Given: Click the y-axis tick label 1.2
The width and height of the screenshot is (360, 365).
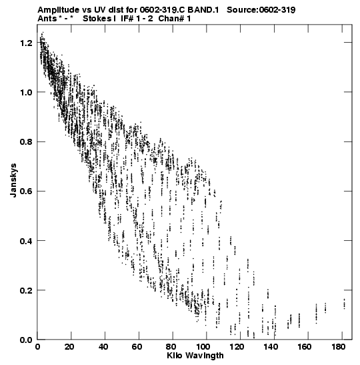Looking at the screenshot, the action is (25, 43).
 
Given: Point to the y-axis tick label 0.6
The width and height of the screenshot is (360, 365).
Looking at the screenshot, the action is (25, 192).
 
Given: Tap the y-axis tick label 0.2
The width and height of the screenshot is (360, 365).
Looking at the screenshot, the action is (25, 290).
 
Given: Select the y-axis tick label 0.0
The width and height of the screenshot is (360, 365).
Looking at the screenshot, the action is (25, 340).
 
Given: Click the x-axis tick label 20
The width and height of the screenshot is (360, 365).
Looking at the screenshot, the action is (69, 347).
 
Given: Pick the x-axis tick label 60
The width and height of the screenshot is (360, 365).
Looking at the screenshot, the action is (137, 347).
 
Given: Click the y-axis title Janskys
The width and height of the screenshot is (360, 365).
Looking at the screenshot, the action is (13, 180).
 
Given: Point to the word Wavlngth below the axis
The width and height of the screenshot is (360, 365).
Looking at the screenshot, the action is (205, 356).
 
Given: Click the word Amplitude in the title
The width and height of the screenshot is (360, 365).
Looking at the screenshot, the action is (58, 10).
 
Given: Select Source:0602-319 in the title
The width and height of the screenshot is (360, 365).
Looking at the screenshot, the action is (261, 10).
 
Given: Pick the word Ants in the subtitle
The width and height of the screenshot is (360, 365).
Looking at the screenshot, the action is (47, 19).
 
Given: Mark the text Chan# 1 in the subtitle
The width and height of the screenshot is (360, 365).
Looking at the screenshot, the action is (175, 19).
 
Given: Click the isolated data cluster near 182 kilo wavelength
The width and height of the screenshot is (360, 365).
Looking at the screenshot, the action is (345, 304).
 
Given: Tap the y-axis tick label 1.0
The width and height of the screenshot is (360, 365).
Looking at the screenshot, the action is (25, 92).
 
